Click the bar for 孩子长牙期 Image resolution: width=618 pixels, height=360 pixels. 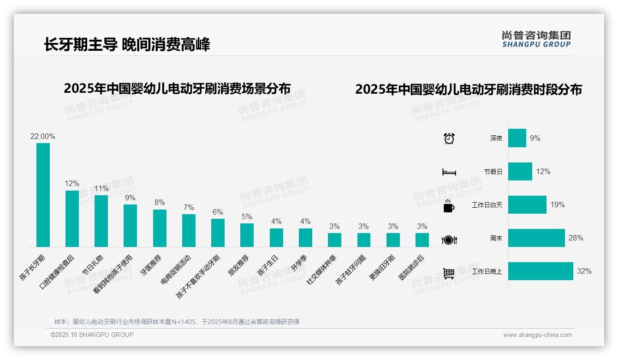coord(43,195)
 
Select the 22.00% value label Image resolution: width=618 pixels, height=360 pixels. coord(43,137)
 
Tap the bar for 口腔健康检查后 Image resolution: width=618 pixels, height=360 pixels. coord(72,219)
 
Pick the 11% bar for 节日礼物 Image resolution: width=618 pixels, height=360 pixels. coord(101,221)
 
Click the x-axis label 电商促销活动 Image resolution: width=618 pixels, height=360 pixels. coord(176,269)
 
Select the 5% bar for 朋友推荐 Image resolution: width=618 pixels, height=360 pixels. coord(247,235)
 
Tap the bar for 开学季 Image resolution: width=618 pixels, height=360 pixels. coord(305,238)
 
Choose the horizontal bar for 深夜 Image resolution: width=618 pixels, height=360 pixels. coord(517,138)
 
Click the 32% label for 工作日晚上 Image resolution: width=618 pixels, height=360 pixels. coord(584,271)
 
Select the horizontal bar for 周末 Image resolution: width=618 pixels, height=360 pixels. coord(536,238)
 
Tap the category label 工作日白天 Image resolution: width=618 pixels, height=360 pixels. coord(487,205)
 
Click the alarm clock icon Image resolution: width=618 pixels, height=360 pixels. coord(449,138)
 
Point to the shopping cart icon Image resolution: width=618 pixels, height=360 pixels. coord(449,273)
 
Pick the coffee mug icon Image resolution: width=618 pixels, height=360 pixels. coord(449,206)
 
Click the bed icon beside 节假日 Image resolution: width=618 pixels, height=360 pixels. coord(449,172)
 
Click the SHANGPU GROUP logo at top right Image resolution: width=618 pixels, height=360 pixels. coord(536,39)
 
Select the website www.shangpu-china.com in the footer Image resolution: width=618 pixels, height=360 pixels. coord(537,335)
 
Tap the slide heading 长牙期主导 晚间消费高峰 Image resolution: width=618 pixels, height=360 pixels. coord(127,45)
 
